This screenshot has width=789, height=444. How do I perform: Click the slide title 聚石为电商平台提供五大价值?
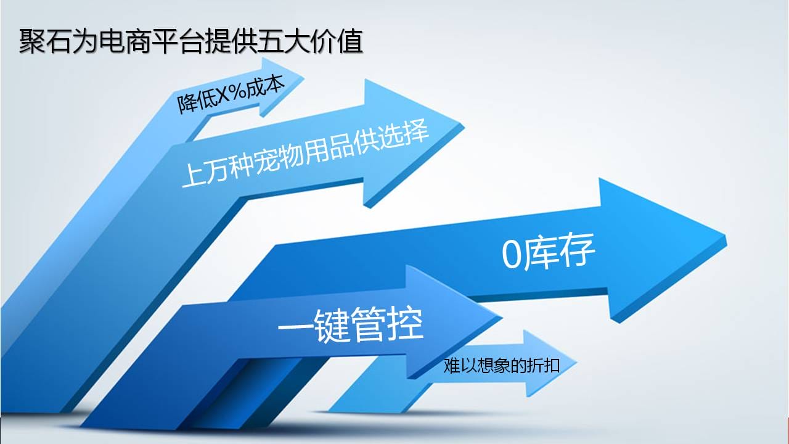click(x=190, y=41)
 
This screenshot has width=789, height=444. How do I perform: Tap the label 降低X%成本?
click(x=231, y=94)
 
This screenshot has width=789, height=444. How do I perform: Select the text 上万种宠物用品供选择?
click(x=305, y=154)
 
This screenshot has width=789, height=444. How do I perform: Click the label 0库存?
click(x=549, y=252)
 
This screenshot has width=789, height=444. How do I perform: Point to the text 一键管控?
click(x=351, y=324)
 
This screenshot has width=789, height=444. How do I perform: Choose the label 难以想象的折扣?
click(x=501, y=366)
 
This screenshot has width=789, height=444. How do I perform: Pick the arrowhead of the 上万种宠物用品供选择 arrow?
click(x=414, y=142)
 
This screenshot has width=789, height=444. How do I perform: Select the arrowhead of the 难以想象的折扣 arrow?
click(x=549, y=363)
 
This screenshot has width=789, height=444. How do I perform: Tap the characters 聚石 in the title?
click(x=45, y=41)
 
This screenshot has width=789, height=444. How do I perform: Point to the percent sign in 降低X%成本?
click(x=239, y=92)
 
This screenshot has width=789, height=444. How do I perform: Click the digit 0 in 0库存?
click(x=511, y=255)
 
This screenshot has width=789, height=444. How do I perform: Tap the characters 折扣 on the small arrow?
click(x=546, y=366)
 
